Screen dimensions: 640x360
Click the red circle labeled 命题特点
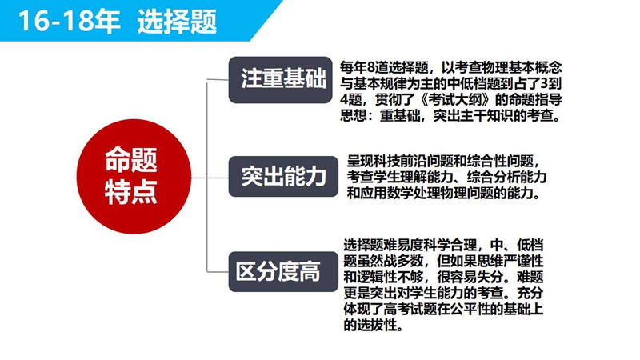pos(134,176)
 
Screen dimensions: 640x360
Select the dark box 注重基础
pos(281,79)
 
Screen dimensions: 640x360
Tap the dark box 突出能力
pos(283,177)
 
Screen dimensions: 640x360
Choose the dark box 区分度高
pos(283,272)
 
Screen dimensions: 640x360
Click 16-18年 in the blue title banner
pos(70,22)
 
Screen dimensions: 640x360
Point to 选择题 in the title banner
pos(177,22)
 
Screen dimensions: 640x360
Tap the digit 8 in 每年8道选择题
pos(370,67)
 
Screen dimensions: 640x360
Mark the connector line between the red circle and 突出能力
pos(210,178)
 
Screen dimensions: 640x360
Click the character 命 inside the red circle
pos(118,159)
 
